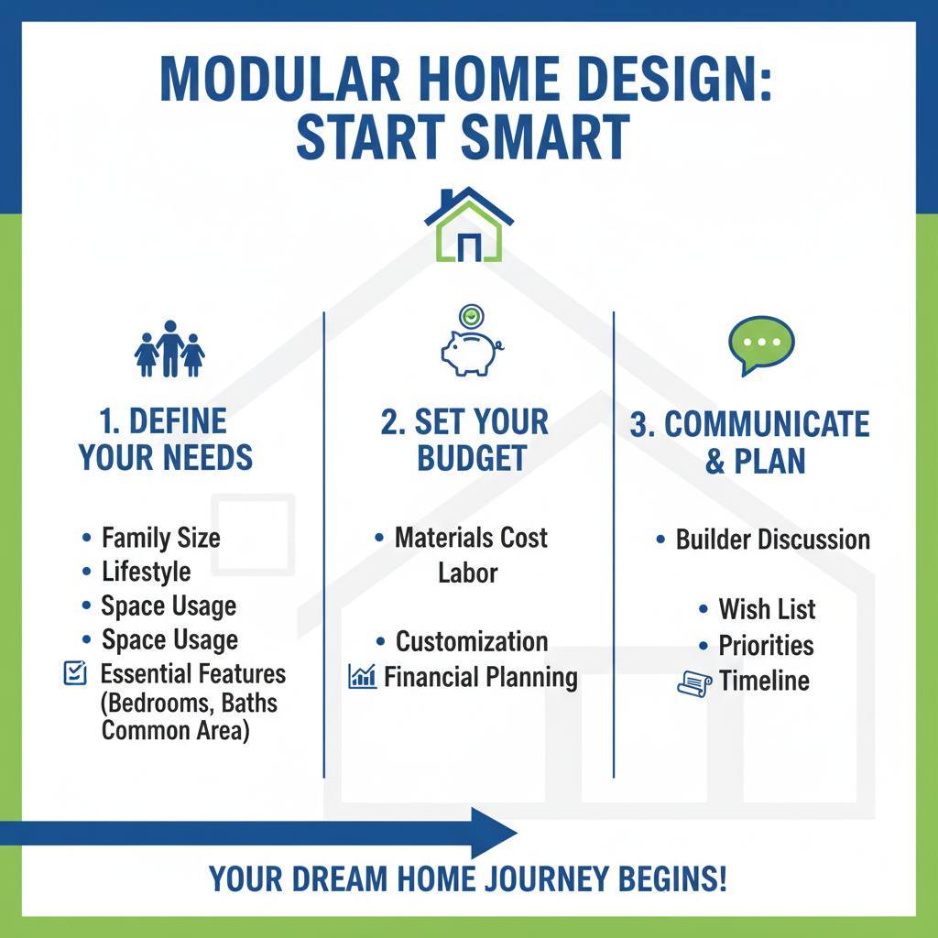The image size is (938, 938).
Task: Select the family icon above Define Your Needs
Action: [169, 349]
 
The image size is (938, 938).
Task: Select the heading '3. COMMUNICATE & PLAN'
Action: [749, 442]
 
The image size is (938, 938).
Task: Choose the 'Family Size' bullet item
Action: [160, 538]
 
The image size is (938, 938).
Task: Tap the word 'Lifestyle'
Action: [147, 572]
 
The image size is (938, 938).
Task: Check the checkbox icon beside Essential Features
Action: [73, 675]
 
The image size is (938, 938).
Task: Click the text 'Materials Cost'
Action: [471, 538]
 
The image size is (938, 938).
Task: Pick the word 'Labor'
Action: [467, 573]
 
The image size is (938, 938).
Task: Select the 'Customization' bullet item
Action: [471, 641]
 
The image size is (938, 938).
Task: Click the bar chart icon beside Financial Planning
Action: [363, 678]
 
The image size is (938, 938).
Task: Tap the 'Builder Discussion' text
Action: [772, 540]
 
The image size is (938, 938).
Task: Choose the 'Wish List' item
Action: [767, 609]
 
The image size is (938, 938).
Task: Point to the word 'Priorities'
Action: [766, 645]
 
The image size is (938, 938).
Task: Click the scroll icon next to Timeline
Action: [694, 682]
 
